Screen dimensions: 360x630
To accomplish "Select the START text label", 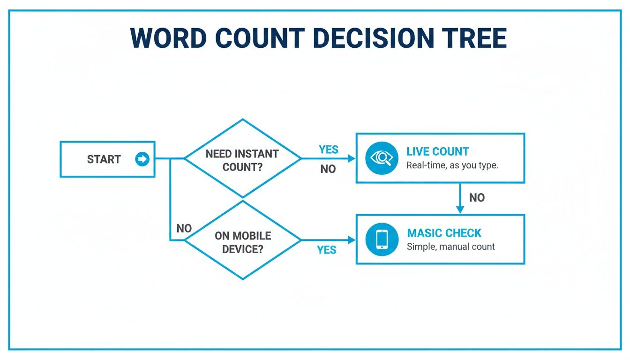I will (104, 159).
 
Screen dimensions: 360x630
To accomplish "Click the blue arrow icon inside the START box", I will (142, 159).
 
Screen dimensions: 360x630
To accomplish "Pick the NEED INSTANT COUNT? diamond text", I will (242, 160).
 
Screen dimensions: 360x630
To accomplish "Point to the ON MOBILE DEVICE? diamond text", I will (242, 242).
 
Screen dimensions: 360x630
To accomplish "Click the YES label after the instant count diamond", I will (328, 150).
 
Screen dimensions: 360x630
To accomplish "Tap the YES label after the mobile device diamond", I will (326, 250).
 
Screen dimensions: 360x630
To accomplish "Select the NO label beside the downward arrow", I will (477, 198).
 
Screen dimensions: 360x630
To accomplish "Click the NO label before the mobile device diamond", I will (184, 228).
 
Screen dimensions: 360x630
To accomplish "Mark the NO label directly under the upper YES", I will (328, 169).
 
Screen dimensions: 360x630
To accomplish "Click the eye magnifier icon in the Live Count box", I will (382, 158).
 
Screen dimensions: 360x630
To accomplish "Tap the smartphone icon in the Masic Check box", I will (382, 239).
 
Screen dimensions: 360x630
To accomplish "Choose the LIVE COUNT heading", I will (437, 151).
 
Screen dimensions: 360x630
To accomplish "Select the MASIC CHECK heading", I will (444, 233).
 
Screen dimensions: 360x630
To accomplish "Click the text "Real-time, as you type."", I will (452, 165).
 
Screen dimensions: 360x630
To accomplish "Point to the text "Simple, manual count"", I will (450, 247).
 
